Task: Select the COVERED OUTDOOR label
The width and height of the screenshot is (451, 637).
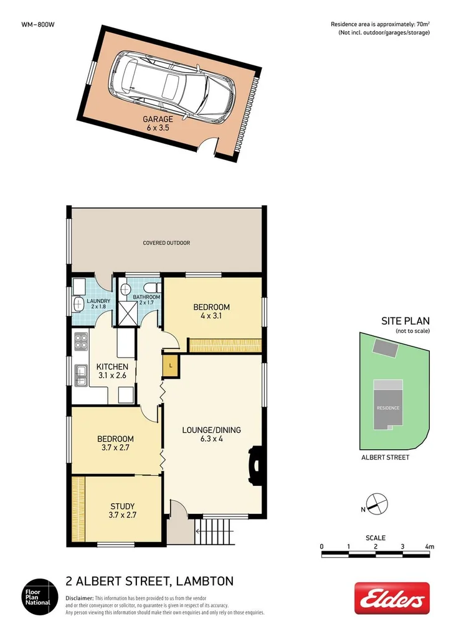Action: (x=166, y=243)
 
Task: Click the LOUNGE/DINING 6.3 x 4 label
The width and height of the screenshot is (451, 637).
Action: (x=211, y=434)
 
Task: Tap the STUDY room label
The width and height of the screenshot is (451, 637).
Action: (x=121, y=510)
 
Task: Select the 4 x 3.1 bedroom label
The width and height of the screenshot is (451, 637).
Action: (x=211, y=311)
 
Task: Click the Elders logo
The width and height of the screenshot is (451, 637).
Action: (x=392, y=598)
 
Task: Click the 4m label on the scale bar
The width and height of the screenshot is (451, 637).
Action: (x=429, y=546)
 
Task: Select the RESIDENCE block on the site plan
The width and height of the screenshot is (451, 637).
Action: (x=387, y=407)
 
